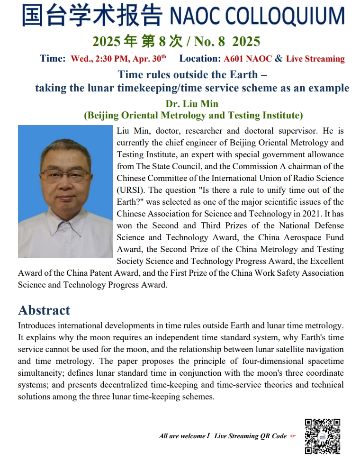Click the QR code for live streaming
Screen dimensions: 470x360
(x=322, y=436)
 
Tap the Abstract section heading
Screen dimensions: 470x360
(x=44, y=310)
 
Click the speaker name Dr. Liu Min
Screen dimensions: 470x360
(x=192, y=104)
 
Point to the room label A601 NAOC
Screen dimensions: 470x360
(x=248, y=59)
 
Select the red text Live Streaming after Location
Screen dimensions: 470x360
(x=315, y=59)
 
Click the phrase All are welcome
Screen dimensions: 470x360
(x=183, y=436)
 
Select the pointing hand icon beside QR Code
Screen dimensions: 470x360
(x=293, y=436)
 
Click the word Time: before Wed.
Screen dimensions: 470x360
(x=53, y=59)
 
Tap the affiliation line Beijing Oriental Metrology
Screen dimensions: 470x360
(x=193, y=115)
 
